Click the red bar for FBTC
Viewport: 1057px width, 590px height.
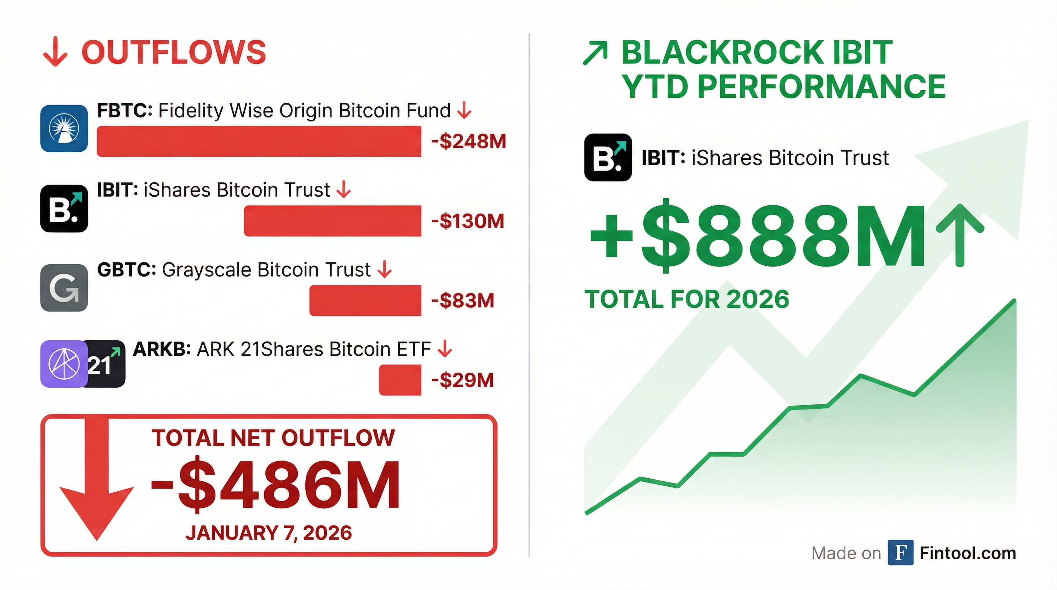(x=259, y=141)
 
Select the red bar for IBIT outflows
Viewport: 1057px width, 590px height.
(x=332, y=221)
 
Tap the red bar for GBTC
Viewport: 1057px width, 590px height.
(x=365, y=300)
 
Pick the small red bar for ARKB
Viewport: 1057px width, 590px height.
(x=400, y=380)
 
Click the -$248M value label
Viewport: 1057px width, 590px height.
(x=469, y=141)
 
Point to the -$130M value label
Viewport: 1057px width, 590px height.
(x=467, y=221)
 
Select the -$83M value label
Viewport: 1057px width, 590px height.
(x=462, y=301)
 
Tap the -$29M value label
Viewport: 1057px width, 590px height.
(x=462, y=380)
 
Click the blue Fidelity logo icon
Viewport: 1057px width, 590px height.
(x=64, y=128)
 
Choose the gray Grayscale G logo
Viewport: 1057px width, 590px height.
(x=64, y=288)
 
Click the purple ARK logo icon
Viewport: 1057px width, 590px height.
(x=64, y=364)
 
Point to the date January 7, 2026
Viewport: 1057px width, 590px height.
(x=269, y=533)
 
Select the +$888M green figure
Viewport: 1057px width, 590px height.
(x=757, y=237)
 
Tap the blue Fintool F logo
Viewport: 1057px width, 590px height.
(x=900, y=553)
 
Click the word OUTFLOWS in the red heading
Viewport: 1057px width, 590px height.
(x=174, y=53)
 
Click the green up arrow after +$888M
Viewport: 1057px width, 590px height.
(x=959, y=235)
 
